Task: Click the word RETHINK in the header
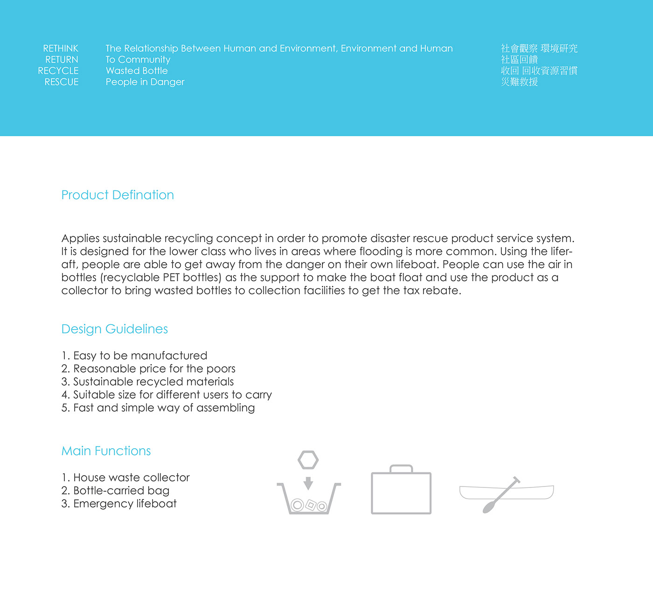pyautogui.click(x=61, y=49)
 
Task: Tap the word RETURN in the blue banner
pyautogui.click(x=62, y=60)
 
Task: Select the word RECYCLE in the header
pyautogui.click(x=58, y=71)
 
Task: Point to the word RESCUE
pyautogui.click(x=62, y=82)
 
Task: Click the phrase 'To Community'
pyautogui.click(x=138, y=60)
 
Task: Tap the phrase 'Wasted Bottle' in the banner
pyautogui.click(x=137, y=71)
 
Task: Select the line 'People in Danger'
pyautogui.click(x=145, y=82)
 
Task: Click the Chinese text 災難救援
pyautogui.click(x=519, y=82)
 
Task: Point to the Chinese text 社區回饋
pyautogui.click(x=519, y=60)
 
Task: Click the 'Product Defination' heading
pyautogui.click(x=118, y=195)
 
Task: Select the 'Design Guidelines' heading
pyautogui.click(x=115, y=329)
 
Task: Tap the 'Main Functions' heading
pyautogui.click(x=106, y=451)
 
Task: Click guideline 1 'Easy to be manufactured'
pyautogui.click(x=134, y=355)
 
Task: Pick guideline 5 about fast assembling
pyautogui.click(x=158, y=408)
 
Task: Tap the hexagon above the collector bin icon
pyautogui.click(x=308, y=460)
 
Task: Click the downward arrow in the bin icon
pyautogui.click(x=308, y=483)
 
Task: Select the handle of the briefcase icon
pyautogui.click(x=401, y=468)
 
